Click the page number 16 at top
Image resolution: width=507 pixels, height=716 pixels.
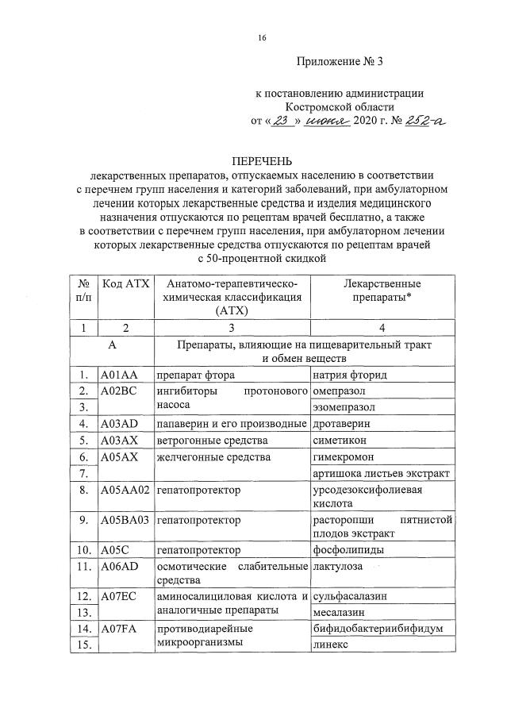tap(262, 38)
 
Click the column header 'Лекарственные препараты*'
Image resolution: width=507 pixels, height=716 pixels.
tap(382, 291)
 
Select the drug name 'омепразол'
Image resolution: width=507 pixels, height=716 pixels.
tap(339, 391)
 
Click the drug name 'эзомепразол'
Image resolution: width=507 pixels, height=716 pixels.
tap(343, 407)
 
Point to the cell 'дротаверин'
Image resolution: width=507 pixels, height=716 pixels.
tap(341, 424)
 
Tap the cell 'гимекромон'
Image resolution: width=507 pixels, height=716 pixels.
tap(344, 456)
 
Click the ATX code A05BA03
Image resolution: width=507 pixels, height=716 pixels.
tap(125, 520)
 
